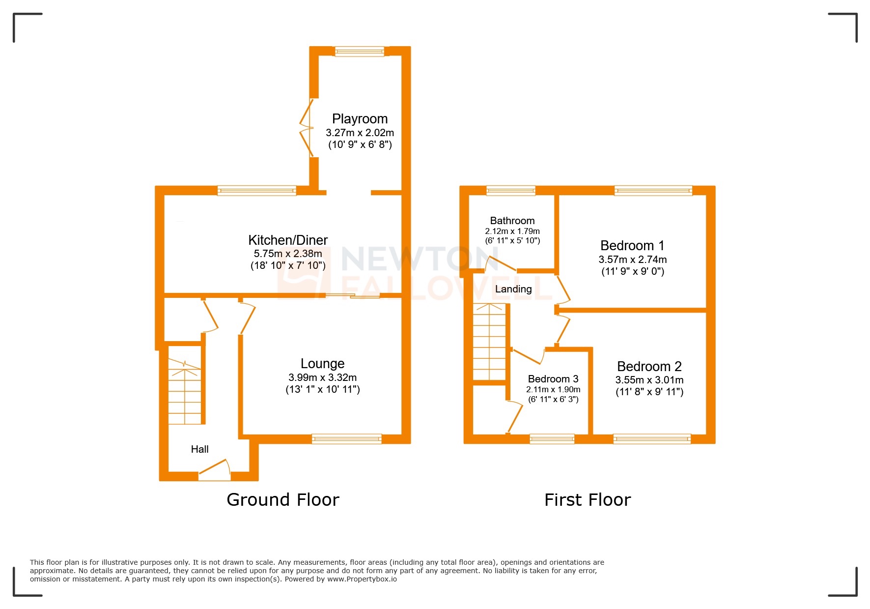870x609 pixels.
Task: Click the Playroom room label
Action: pos(360,119)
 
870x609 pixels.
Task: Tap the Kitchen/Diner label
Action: pos(288,240)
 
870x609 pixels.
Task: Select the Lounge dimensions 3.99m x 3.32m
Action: pos(322,377)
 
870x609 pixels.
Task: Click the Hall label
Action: pos(199,449)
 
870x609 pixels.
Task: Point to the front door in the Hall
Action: pos(215,472)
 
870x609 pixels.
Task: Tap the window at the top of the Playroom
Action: pos(360,51)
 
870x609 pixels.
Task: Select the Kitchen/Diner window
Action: pos(257,191)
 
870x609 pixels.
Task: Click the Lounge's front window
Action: pos(347,439)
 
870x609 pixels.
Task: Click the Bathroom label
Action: pos(512,221)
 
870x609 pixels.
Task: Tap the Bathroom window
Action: pos(511,191)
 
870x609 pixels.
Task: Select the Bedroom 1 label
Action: pos(632,245)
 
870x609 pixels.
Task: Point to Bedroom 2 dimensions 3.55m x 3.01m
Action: pos(649,380)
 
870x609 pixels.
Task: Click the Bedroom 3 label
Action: pos(553,379)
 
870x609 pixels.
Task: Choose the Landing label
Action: pos(513,289)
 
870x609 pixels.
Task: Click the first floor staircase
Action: pos(489,342)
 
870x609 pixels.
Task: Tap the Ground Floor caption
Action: pos(283,500)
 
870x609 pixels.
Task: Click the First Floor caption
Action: pos(588,500)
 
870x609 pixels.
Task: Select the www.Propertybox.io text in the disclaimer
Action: pos(362,579)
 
